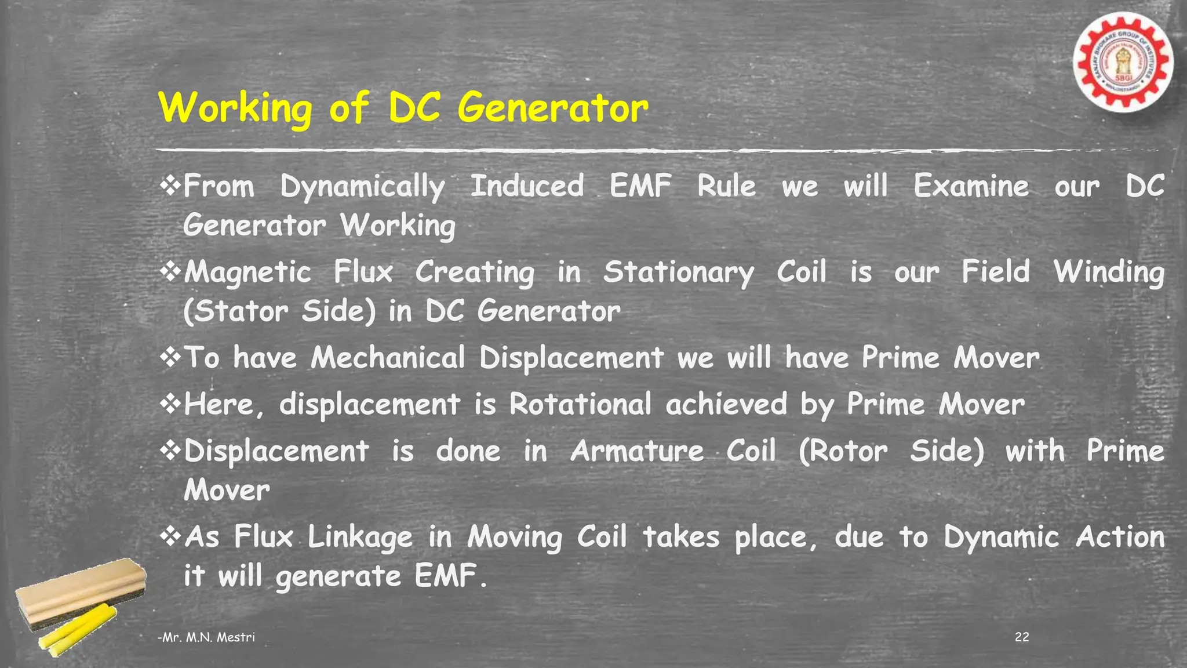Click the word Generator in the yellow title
552,108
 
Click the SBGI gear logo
1123,63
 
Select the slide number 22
1022,637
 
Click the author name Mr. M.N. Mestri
207,637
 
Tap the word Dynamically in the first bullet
362,187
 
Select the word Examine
971,187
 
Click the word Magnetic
247,273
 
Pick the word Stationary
678,273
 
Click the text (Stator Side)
279,311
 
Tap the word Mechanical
388,358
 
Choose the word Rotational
580,404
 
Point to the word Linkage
359,538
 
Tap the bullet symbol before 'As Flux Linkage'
170,536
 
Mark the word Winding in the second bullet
1108,273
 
